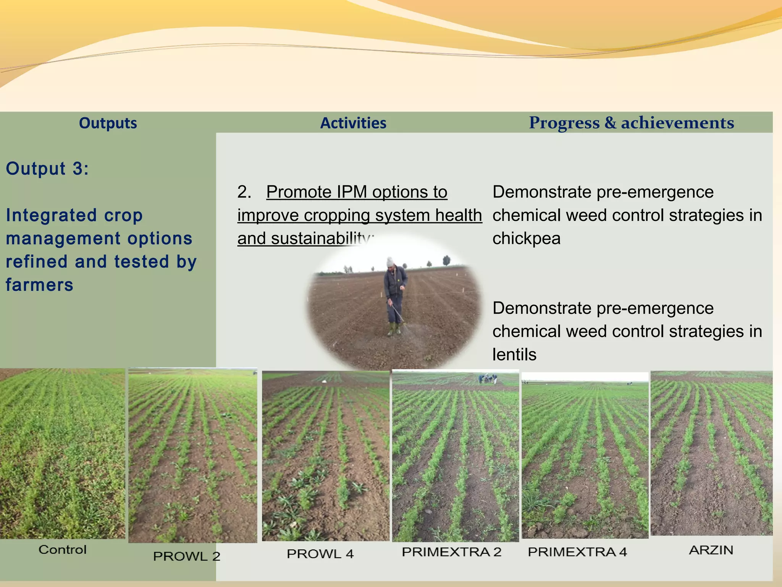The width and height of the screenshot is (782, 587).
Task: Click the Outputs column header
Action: (x=108, y=123)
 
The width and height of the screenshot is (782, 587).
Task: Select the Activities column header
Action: (x=353, y=123)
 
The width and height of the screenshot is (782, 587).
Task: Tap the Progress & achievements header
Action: (x=631, y=123)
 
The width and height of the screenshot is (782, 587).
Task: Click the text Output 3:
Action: (x=47, y=169)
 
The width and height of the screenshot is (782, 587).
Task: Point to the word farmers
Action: (x=39, y=285)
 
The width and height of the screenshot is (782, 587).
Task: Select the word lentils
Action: (x=514, y=355)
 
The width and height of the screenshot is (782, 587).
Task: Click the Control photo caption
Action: (x=63, y=550)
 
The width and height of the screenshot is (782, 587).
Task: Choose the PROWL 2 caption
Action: (x=187, y=556)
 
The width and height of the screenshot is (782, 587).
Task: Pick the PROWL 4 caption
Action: (x=320, y=554)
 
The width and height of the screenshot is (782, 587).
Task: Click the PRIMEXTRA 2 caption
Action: (x=451, y=552)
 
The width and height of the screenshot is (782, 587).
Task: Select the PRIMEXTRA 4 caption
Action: (x=577, y=552)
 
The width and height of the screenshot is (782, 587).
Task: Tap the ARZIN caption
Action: (x=711, y=550)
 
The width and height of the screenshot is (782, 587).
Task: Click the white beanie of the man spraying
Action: (x=390, y=262)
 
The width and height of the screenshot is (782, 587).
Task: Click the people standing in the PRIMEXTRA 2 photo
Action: (x=488, y=378)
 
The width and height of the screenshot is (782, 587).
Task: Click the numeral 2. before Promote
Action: (x=244, y=192)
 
